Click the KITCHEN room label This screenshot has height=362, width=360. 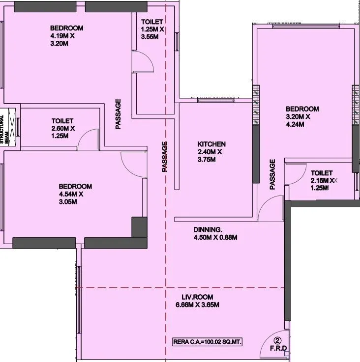point(211,144)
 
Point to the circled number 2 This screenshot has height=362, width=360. point(277,340)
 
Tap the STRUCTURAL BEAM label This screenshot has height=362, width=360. point(5,129)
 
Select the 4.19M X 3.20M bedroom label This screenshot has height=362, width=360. point(66,36)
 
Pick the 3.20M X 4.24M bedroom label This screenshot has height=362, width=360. point(302,117)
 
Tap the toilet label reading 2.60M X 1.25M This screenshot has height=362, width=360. point(62,128)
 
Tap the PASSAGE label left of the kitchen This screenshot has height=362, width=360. point(165,157)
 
